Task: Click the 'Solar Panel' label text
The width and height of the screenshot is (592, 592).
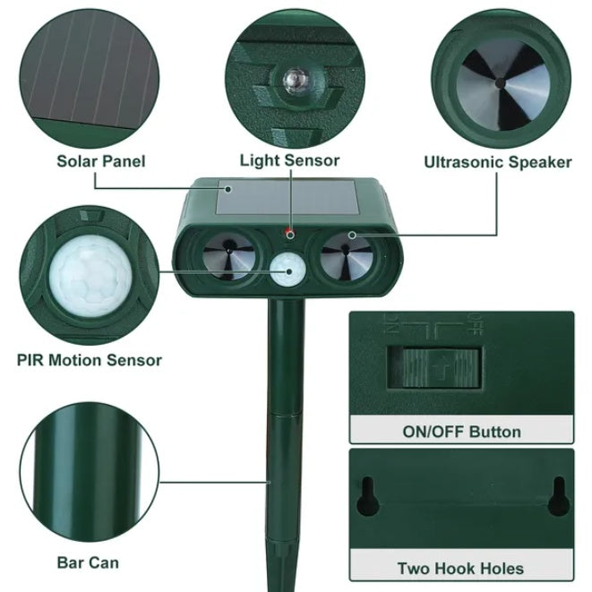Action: (x=100, y=161)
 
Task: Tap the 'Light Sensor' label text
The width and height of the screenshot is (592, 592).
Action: (x=289, y=161)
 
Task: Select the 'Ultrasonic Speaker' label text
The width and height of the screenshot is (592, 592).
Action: (x=497, y=162)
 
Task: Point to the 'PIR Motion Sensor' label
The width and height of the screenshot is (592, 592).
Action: (x=90, y=360)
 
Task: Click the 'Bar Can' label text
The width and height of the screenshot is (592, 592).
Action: (x=88, y=562)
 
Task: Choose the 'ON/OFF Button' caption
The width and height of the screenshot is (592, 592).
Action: (x=461, y=432)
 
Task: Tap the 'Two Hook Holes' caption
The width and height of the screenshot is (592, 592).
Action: (x=460, y=568)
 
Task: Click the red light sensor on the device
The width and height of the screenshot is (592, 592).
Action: (x=289, y=233)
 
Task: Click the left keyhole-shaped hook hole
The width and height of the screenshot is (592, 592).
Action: (x=365, y=495)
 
